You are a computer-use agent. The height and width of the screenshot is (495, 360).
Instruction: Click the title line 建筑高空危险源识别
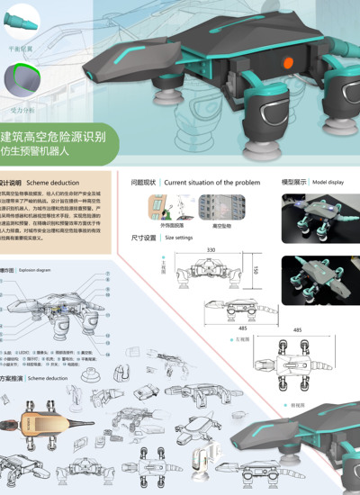click(x=53, y=138)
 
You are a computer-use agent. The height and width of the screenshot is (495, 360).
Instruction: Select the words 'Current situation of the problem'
click(x=211, y=182)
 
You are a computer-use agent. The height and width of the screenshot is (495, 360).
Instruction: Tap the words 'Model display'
click(x=328, y=182)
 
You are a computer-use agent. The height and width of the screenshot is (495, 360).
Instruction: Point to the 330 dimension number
click(x=211, y=249)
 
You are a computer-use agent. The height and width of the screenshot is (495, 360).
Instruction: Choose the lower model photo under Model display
click(x=319, y=281)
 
